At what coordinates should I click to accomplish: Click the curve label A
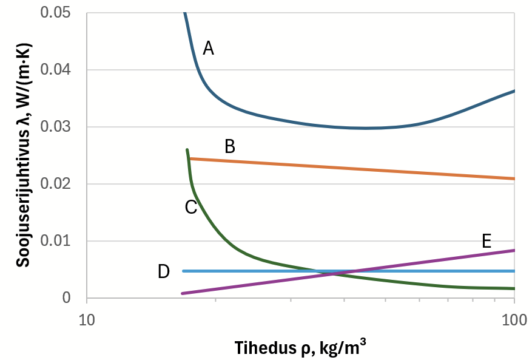pyautogui.click(x=208, y=48)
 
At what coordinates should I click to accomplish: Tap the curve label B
pyautogui.click(x=230, y=146)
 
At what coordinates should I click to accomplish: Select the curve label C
pyautogui.click(x=190, y=208)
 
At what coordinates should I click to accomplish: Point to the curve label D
pyautogui.click(x=163, y=271)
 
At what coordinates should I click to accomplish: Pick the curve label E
pyautogui.click(x=486, y=241)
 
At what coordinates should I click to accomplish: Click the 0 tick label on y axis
pyautogui.click(x=67, y=298)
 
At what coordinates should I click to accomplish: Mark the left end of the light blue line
pyautogui.click(x=183, y=271)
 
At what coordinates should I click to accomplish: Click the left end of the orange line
pyautogui.click(x=190, y=158)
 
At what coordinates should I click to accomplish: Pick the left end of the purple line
pyautogui.click(x=182, y=293)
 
